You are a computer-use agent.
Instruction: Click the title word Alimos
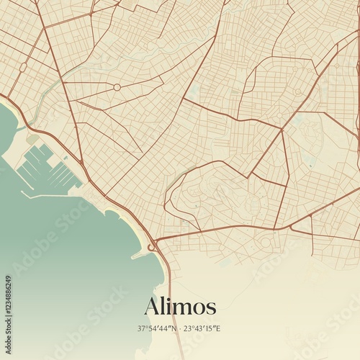click(180, 306)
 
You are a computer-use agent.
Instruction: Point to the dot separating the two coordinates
click(180, 329)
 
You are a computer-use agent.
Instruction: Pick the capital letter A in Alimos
click(153, 306)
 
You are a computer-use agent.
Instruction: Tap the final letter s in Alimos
click(211, 308)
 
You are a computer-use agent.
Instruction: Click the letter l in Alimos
click(163, 305)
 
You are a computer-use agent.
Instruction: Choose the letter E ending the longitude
click(218, 329)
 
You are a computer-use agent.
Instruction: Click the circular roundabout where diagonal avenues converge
click(117, 87)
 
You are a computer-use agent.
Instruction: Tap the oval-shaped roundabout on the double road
click(23, 67)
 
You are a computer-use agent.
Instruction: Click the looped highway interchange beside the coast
click(152, 247)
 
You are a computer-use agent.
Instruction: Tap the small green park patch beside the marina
click(32, 137)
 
